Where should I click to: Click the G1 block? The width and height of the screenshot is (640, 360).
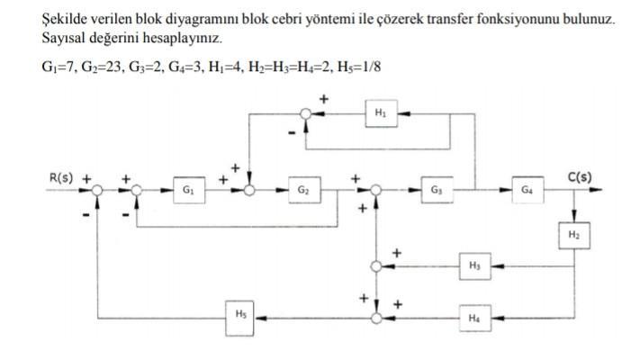pyautogui.click(x=186, y=190)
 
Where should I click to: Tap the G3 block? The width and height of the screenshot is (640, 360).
pyautogui.click(x=437, y=190)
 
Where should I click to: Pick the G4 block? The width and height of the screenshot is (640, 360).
pyautogui.click(x=527, y=190)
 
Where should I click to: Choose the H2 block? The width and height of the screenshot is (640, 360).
pyautogui.click(x=573, y=233)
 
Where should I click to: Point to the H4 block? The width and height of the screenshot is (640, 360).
pyautogui.click(x=474, y=317)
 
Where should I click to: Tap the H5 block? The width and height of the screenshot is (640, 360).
pyautogui.click(x=240, y=315)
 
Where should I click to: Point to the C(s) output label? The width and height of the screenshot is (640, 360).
pyautogui.click(x=579, y=176)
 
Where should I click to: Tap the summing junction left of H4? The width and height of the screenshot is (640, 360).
pyautogui.click(x=377, y=317)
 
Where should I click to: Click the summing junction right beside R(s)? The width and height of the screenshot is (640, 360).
pyautogui.click(x=97, y=190)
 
